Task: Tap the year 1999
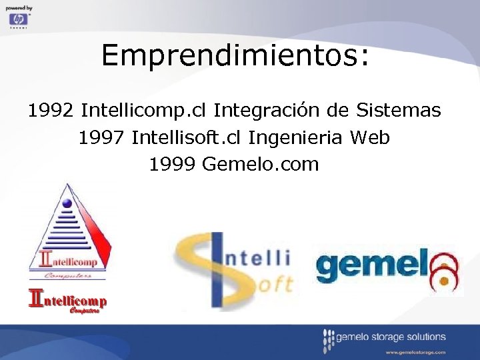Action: click(x=172, y=164)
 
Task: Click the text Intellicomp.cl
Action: click(x=145, y=110)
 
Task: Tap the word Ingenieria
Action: click(x=296, y=138)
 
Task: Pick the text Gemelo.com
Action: click(x=261, y=164)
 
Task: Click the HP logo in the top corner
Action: click(x=19, y=19)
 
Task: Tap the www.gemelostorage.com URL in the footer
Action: click(x=415, y=351)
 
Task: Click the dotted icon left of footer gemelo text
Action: click(x=327, y=341)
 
